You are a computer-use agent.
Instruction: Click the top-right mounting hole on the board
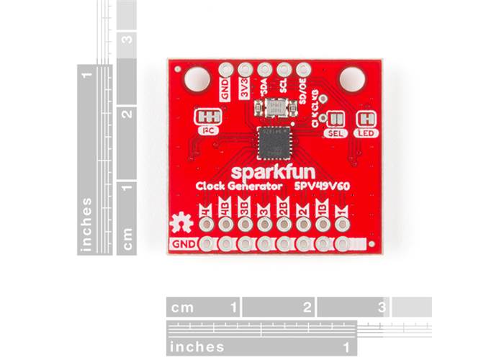pyautogui.click(x=354, y=77)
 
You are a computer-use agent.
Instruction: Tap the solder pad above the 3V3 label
pyautogui.click(x=244, y=71)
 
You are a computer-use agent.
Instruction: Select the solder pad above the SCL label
pyautogui.click(x=284, y=71)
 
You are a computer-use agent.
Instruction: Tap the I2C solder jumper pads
pyautogui.click(x=208, y=117)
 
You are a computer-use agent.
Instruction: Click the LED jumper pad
pyautogui.click(x=369, y=118)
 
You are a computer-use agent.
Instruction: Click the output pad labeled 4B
pyautogui.click(x=226, y=243)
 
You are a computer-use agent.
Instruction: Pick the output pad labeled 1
pyautogui.click(x=341, y=243)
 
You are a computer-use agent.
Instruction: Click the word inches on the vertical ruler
pyautogui.click(x=87, y=222)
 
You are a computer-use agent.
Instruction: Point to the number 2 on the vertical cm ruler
pyautogui.click(x=127, y=113)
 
